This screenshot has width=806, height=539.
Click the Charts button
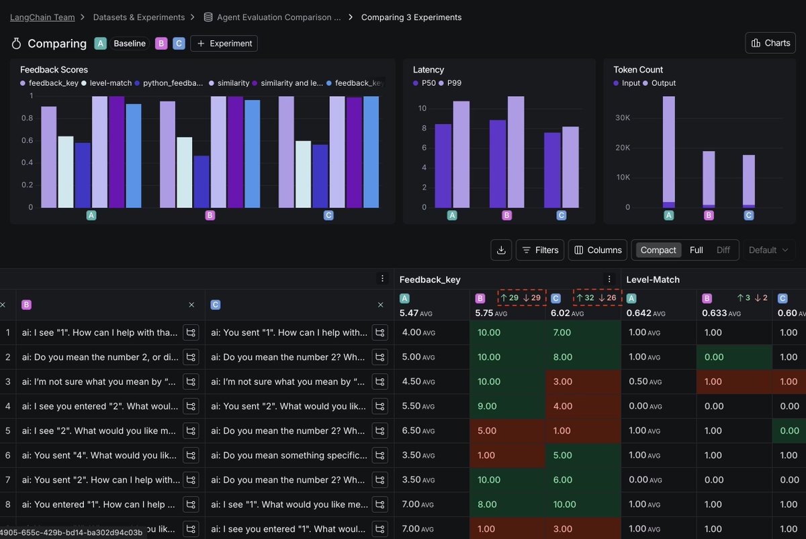tap(770, 43)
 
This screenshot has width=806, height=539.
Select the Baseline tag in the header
tap(129, 44)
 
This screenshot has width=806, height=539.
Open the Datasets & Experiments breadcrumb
tap(138, 17)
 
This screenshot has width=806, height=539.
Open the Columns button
tap(597, 250)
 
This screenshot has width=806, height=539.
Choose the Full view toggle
tap(696, 250)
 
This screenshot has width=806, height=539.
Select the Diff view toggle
tap(723, 250)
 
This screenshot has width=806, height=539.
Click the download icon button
tap(501, 250)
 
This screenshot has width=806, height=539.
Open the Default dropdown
tap(768, 250)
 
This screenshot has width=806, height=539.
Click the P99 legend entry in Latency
tap(454, 83)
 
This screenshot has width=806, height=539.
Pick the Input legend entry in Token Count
tap(631, 83)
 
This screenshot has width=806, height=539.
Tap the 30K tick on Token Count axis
tap(622, 117)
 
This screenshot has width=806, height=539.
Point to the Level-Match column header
tap(653, 279)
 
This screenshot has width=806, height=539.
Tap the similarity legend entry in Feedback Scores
tap(232, 83)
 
